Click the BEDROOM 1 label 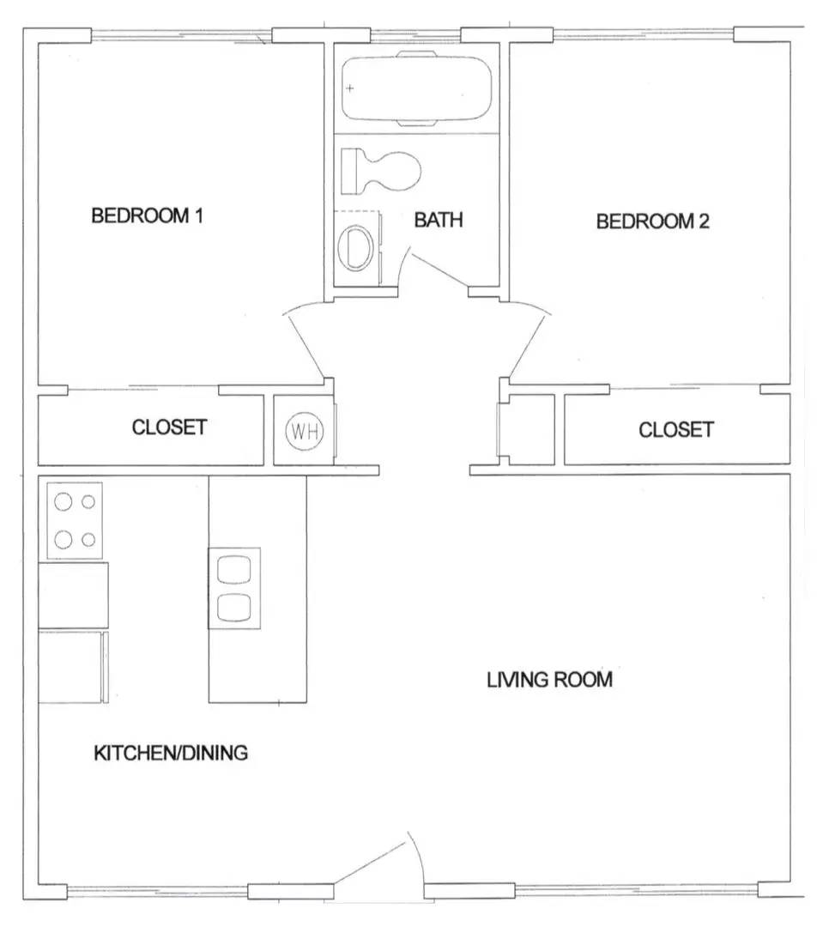[x=147, y=215]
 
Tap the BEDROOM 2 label [x=652, y=221]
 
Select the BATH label [x=439, y=220]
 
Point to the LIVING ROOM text [x=550, y=681]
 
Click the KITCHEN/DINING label [x=171, y=754]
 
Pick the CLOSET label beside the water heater [x=169, y=427]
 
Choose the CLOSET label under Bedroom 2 [x=675, y=429]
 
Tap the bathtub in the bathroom [x=417, y=88]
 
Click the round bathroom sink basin [x=354, y=248]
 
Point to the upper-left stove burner [x=64, y=502]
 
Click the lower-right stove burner [x=89, y=540]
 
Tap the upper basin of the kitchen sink [x=234, y=569]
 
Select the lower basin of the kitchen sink [x=234, y=606]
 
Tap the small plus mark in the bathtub [x=350, y=88]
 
